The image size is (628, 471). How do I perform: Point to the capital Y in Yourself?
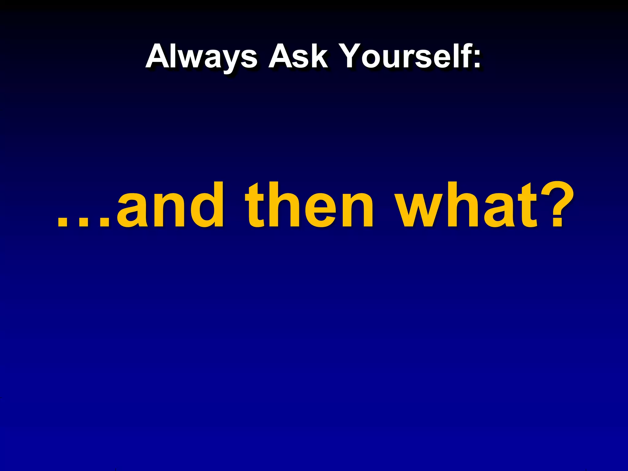click(x=353, y=56)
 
